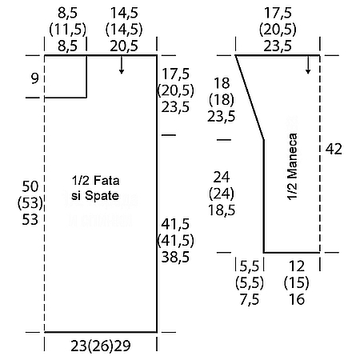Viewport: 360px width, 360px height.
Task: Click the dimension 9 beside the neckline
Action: pyautogui.click(x=34, y=78)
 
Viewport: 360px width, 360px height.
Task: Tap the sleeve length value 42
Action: pyautogui.click(x=334, y=149)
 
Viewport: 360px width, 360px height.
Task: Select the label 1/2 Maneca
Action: pyautogui.click(x=292, y=166)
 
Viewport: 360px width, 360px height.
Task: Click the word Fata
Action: pyautogui.click(x=106, y=181)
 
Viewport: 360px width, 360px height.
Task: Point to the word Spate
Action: pyautogui.click(x=102, y=196)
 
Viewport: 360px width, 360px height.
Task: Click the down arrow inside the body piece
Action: pyautogui.click(x=122, y=65)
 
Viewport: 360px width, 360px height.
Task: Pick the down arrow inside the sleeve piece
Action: pyautogui.click(x=308, y=65)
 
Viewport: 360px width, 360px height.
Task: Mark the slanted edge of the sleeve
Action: pyautogui.click(x=250, y=98)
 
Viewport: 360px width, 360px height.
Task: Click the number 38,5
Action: pyautogui.click(x=175, y=257)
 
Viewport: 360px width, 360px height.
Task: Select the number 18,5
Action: pyautogui.click(x=222, y=210)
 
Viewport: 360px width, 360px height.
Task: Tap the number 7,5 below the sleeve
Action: pyautogui.click(x=250, y=299)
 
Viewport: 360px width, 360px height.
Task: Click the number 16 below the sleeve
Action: pyautogui.click(x=297, y=299)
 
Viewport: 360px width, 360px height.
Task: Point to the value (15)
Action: pyautogui.click(x=297, y=282)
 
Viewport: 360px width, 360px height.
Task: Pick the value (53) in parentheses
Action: pyautogui.click(x=30, y=203)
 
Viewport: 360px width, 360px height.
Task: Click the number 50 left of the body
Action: pyautogui.click(x=30, y=186)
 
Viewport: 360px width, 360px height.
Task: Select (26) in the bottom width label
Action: pyautogui.click(x=101, y=346)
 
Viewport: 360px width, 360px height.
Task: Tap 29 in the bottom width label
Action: pyautogui.click(x=122, y=346)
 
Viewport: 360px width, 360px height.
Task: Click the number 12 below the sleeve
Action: pyautogui.click(x=297, y=266)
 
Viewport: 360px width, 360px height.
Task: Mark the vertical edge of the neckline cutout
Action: pyautogui.click(x=86, y=77)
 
